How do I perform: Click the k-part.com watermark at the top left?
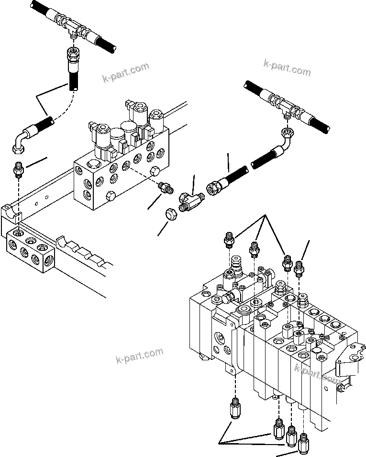click(126, 72)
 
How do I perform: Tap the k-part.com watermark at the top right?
click(287, 67)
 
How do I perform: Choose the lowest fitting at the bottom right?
click(303, 445)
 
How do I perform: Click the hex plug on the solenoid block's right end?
click(155, 173)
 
